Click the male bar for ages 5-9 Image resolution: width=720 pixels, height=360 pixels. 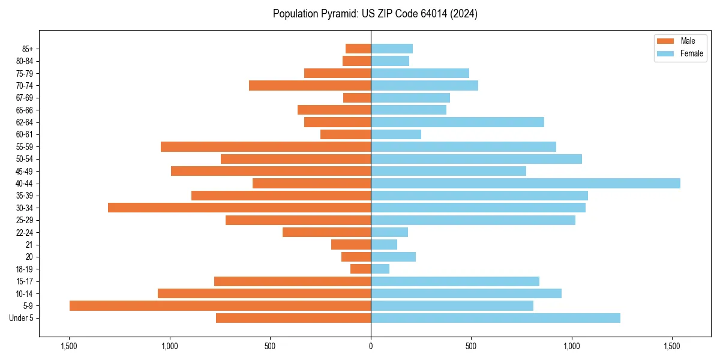click(x=220, y=305)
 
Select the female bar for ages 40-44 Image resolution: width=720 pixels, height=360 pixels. click(x=526, y=183)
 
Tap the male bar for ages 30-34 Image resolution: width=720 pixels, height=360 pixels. click(x=239, y=208)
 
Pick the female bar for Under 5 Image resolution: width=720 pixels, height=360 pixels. click(x=496, y=318)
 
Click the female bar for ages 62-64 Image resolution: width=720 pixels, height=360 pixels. click(x=457, y=122)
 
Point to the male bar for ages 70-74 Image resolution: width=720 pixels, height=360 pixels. click(x=310, y=85)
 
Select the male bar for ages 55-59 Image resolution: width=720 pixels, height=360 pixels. click(x=266, y=146)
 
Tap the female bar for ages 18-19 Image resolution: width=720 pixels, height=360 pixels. click(x=380, y=269)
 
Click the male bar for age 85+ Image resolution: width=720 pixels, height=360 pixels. click(x=358, y=49)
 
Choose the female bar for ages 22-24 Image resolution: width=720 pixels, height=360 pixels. click(x=389, y=232)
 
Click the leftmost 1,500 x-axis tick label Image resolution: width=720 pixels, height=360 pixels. click(x=69, y=346)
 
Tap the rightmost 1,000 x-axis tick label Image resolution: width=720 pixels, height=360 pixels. click(x=572, y=346)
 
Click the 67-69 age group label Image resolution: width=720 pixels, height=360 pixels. click(x=25, y=98)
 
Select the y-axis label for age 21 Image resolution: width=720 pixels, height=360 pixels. click(x=29, y=245)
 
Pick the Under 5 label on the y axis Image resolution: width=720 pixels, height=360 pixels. click(x=22, y=318)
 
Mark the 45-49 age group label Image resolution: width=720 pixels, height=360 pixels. click(x=25, y=171)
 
